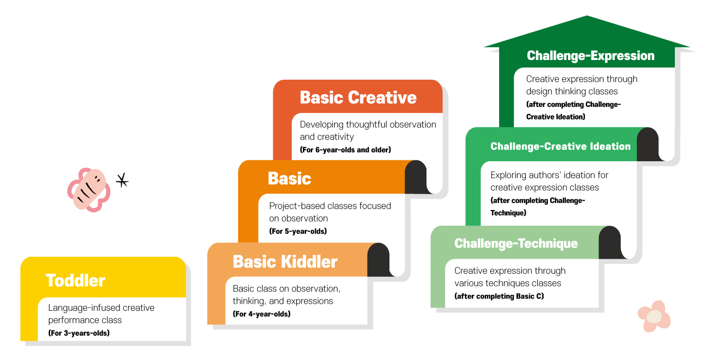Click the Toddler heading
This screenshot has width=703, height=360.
75,280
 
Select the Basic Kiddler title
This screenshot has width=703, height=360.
285,262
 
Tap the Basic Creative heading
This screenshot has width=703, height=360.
358,97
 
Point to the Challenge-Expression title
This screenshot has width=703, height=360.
591,56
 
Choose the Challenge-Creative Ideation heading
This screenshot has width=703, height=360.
561,146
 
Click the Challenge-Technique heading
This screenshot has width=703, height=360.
516,243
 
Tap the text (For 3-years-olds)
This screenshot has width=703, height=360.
79,333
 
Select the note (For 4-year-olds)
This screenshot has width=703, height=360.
262,314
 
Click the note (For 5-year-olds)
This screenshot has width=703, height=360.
298,231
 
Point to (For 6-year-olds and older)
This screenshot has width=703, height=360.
345,150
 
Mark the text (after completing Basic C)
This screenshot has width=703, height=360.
499,296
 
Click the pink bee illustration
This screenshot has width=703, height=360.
89,189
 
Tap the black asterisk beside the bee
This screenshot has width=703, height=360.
122,180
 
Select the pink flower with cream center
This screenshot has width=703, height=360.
654,316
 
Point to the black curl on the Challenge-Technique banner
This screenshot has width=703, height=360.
611,243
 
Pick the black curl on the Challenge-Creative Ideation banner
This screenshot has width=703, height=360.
649,144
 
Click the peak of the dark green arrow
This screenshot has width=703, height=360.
587,15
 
